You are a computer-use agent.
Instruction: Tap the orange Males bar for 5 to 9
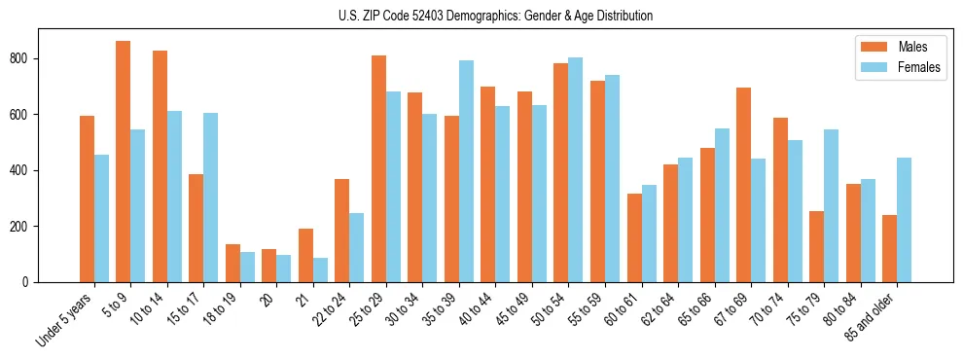(x=124, y=162)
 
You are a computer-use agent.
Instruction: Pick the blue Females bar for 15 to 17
(x=211, y=198)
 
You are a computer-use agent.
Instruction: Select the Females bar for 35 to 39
(x=466, y=171)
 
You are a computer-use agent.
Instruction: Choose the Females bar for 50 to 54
(x=576, y=169)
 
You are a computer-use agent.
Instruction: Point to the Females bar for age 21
(x=320, y=270)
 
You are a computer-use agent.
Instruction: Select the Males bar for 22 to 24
(x=342, y=231)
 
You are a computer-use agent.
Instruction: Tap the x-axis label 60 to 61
(x=621, y=310)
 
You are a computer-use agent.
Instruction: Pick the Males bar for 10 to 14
(x=160, y=166)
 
